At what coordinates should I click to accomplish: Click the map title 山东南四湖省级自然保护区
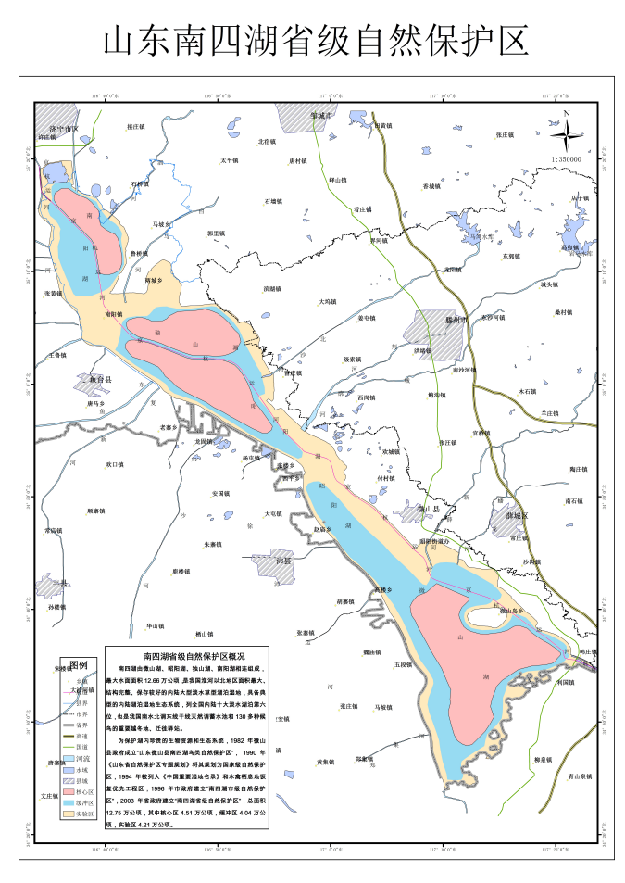click(x=313, y=41)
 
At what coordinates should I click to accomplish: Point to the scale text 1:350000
click(x=566, y=159)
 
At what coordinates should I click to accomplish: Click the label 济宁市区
click(x=64, y=128)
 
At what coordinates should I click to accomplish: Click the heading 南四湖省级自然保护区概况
click(x=187, y=655)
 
